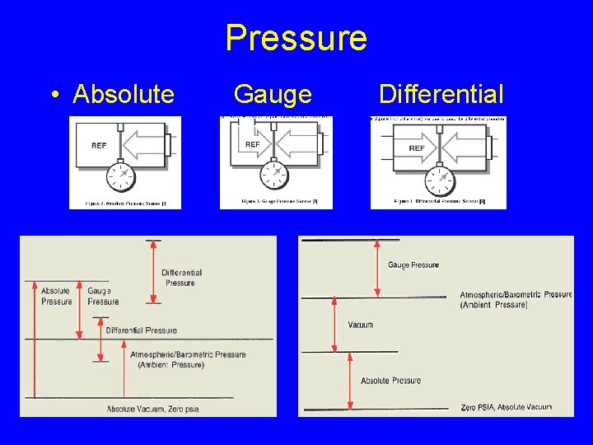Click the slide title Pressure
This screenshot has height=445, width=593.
point(296,38)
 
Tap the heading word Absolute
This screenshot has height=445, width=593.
point(124,95)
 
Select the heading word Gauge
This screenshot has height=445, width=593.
point(273,95)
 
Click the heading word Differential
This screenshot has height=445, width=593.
point(441,95)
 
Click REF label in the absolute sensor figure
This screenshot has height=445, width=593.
point(99,145)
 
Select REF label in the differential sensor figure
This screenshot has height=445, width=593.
point(417,148)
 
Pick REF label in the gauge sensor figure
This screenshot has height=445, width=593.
point(253,144)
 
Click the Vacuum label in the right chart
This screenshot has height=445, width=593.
point(361,325)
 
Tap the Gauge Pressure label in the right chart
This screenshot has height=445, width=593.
point(413,265)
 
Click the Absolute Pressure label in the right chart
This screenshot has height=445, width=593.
point(390,381)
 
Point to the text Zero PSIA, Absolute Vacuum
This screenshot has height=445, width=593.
point(507,407)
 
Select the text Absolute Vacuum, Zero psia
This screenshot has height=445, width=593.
point(152,409)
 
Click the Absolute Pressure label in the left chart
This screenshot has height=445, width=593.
point(56,296)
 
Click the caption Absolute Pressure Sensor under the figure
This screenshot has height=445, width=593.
point(124,203)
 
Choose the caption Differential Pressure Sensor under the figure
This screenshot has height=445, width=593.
point(439,201)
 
